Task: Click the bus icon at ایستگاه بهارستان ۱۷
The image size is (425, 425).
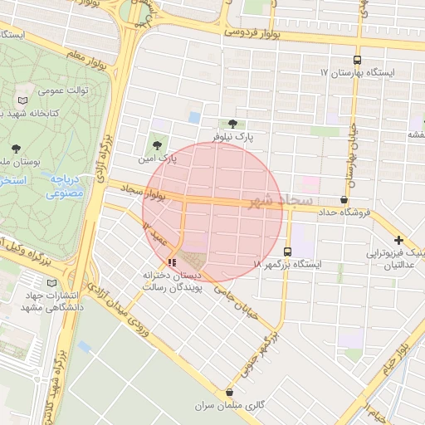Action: [x=357, y=60]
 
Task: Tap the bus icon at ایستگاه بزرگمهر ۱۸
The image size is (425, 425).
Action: [x=288, y=252]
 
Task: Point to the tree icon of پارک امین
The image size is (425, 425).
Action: [x=157, y=145]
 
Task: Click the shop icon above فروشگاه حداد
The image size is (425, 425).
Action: [x=344, y=199]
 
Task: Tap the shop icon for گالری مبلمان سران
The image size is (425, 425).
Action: [x=230, y=393]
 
